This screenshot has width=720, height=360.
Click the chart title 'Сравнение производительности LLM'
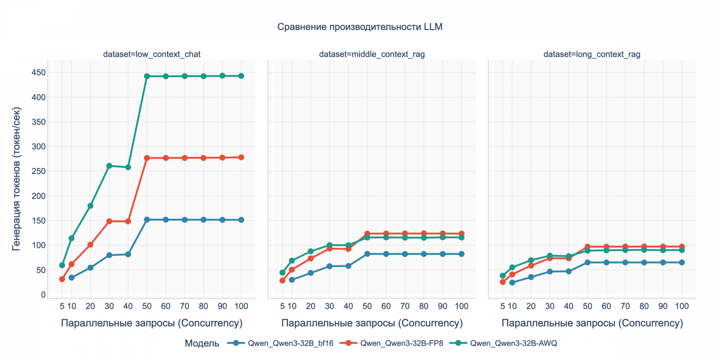[360, 27]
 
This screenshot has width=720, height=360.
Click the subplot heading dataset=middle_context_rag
[372, 54]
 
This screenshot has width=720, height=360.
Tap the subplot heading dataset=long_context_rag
[592, 54]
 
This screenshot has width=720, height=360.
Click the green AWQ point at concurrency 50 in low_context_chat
[147, 76]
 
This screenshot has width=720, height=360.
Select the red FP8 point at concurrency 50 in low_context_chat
[147, 158]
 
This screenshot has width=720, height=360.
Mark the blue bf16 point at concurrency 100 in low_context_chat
[241, 220]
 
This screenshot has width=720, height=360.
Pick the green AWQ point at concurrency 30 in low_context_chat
[109, 166]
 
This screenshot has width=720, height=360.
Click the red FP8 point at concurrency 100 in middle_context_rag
[461, 234]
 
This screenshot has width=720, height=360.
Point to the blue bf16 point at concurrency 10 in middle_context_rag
[292, 280]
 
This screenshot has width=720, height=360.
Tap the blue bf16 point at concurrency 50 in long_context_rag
[587, 262]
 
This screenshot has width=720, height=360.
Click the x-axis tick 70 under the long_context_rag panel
[625, 306]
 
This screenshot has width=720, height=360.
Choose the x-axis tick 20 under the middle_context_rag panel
[311, 306]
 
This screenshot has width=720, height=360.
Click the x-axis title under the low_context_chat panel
[151, 323]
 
